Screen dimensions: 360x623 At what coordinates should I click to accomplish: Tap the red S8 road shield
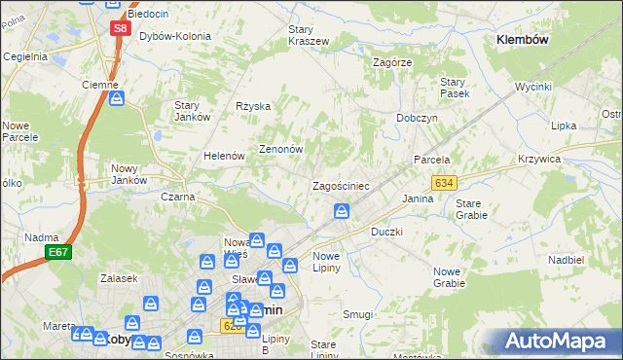pos(119,28)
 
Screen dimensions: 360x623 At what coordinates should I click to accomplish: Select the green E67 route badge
pos(57,252)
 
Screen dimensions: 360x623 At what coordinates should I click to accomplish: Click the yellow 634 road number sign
pos(444,182)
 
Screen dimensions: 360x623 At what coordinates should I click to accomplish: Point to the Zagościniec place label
pos(340,185)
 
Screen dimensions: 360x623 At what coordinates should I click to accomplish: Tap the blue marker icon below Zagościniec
pos(343,210)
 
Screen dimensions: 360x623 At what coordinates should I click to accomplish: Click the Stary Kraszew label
pos(308,35)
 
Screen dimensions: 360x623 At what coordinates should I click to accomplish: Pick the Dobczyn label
pos(417,118)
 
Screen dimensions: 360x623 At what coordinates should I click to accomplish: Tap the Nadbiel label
pos(565,261)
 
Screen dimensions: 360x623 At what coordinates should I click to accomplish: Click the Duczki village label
pos(387,233)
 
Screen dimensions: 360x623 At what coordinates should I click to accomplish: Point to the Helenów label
pos(223,156)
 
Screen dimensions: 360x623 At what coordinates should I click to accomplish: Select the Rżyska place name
pos(253,106)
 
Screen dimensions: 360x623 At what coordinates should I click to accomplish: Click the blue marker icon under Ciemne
pos(117,98)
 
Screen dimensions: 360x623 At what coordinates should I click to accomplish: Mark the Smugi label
pos(357,314)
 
